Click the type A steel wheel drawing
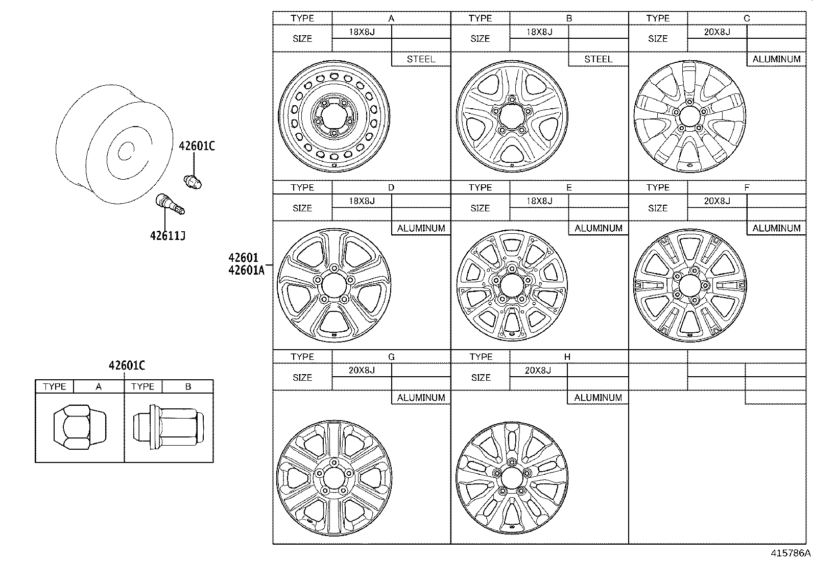click(334, 115)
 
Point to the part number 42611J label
click(168, 236)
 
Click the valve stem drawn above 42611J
click(170, 204)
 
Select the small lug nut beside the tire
click(193, 181)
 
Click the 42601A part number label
click(246, 270)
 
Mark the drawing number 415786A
click(791, 553)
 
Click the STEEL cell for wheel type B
click(598, 59)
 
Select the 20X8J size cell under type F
click(717, 201)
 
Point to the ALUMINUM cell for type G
click(421, 398)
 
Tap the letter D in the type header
click(391, 187)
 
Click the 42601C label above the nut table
click(126, 365)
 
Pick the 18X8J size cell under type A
click(362, 32)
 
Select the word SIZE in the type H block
click(481, 378)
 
